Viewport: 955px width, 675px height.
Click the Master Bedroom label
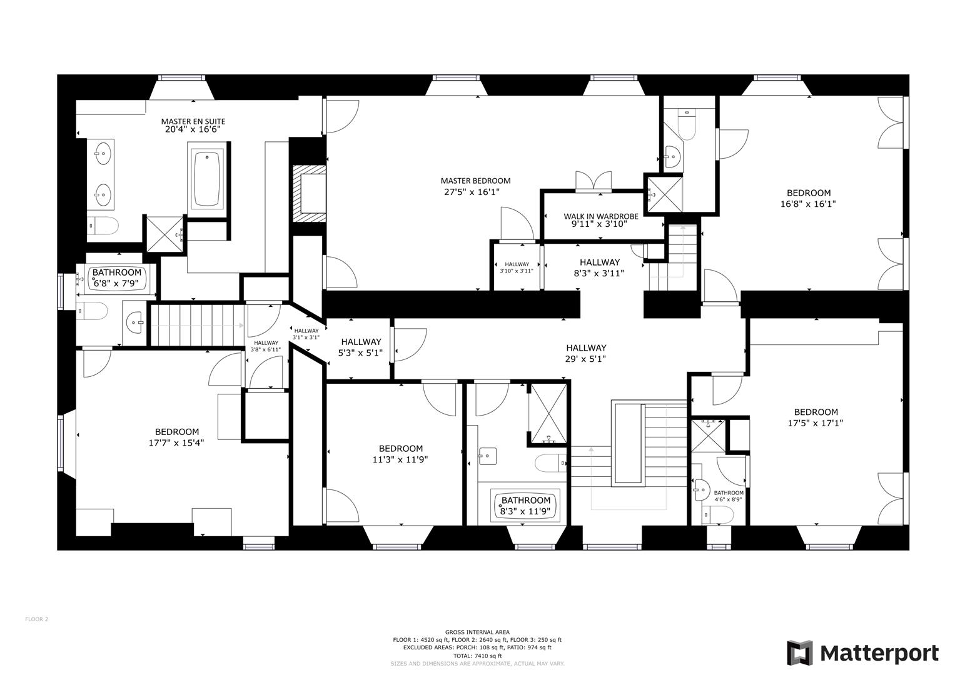(475, 181)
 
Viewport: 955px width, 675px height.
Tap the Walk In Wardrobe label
(600, 217)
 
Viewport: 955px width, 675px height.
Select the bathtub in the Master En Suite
(208, 179)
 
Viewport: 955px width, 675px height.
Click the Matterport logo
(862, 653)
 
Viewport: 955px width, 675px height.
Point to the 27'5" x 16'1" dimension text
(472, 192)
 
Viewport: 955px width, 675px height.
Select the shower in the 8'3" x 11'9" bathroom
(548, 414)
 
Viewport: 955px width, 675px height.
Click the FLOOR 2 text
(36, 619)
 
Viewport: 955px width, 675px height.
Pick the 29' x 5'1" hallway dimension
(585, 359)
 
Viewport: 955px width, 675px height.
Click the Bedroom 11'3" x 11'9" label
(400, 449)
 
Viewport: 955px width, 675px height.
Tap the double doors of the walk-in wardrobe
(592, 181)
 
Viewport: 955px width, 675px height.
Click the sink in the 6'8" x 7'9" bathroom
(134, 323)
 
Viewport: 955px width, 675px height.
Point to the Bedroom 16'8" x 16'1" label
(808, 193)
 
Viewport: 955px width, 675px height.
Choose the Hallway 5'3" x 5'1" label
(361, 342)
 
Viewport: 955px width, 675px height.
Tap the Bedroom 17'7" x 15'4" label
(177, 432)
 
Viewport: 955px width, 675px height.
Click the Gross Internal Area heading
(477, 632)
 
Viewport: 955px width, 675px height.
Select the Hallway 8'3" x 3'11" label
(599, 262)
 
